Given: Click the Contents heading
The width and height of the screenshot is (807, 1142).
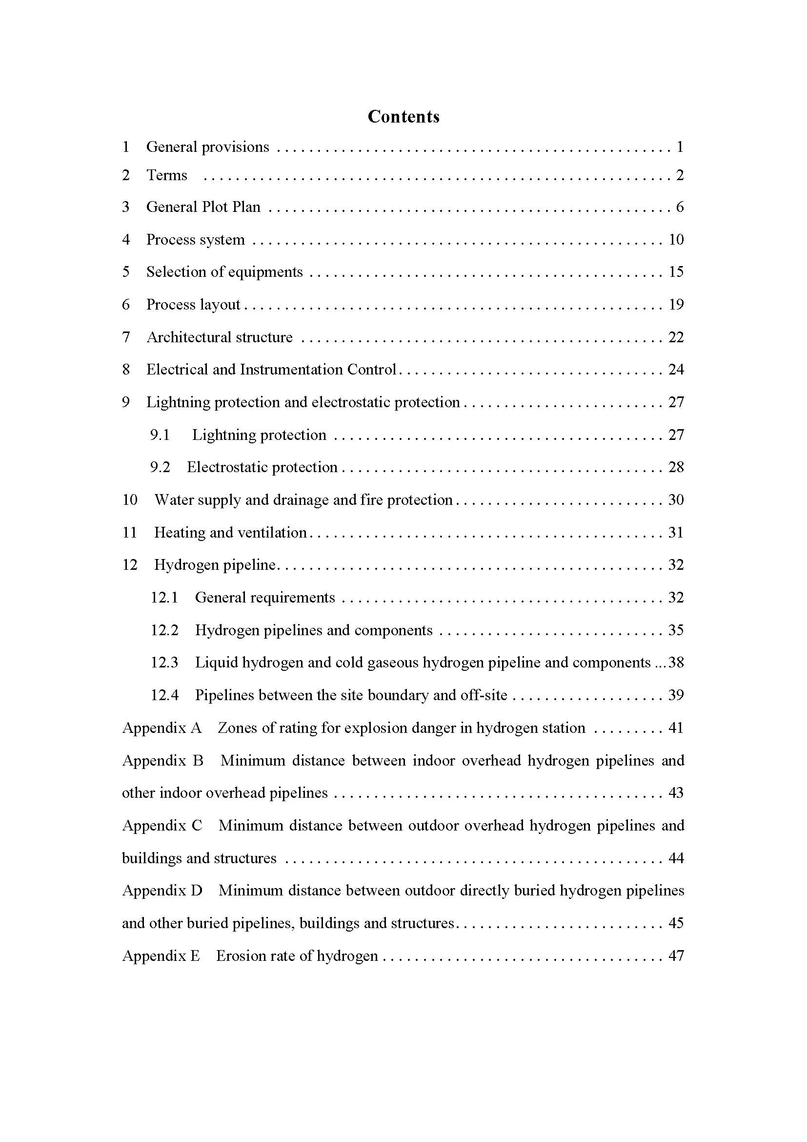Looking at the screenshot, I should coord(403,116).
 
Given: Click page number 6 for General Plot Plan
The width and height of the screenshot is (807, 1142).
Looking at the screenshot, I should coord(680,207).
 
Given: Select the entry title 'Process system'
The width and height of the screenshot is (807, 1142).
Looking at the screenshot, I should coord(195,240).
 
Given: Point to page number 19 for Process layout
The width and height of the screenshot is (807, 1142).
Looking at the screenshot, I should coord(676,304).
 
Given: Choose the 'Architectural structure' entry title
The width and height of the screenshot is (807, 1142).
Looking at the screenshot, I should coord(220,337).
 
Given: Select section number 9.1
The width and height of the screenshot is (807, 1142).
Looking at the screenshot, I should coord(160,435).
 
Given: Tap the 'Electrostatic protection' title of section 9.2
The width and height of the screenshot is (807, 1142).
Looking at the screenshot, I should coord(262,468).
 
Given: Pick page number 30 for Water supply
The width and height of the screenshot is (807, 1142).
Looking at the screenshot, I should coord(676,500).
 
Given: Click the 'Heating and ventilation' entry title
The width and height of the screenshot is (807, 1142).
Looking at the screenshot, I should coord(230,533).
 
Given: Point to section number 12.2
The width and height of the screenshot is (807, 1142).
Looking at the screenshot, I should coord(164,630).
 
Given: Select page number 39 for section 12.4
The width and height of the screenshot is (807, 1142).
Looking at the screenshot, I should coord(676,695).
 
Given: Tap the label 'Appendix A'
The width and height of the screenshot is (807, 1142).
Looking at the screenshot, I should coord(162,728).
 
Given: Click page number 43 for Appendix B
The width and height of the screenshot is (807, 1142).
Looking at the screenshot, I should coord(676,793).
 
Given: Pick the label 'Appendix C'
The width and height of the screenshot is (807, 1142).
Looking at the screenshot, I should coord(162,826).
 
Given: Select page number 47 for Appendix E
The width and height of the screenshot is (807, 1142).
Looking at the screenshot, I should coord(676,956).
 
